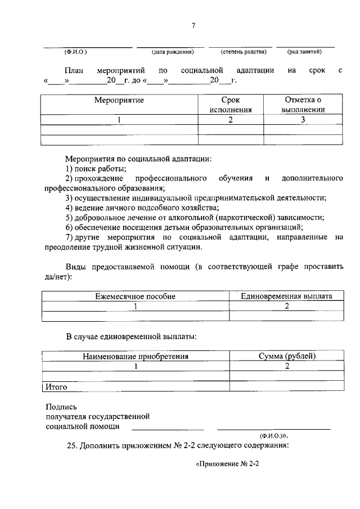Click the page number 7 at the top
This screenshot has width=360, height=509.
click(x=192, y=26)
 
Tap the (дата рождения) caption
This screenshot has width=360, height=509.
click(x=173, y=52)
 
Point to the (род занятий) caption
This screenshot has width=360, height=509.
click(x=304, y=52)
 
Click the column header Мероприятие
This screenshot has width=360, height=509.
click(x=119, y=100)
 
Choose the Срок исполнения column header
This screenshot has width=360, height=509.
click(x=231, y=105)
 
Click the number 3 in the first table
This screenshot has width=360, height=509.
click(x=303, y=119)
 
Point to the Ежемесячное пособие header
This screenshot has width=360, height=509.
click(x=135, y=296)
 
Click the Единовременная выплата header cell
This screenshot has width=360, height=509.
click(x=286, y=296)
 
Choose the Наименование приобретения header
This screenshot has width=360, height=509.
click(x=136, y=356)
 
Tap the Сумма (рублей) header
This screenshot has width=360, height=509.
click(x=287, y=356)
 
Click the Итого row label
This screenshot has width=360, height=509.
click(x=56, y=387)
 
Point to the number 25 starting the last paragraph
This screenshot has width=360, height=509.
click(x=71, y=446)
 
